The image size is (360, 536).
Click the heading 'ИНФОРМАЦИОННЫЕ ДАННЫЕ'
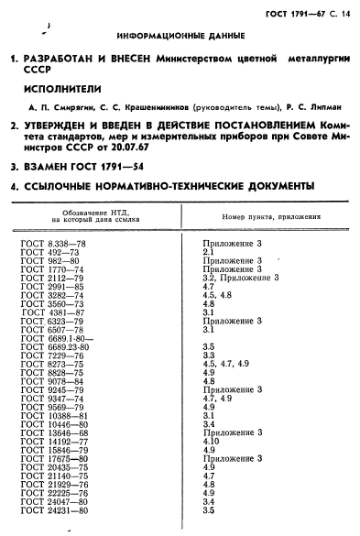pyautogui.click(x=180, y=36)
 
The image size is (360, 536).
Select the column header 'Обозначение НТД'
pyautogui.click(x=91, y=214)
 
